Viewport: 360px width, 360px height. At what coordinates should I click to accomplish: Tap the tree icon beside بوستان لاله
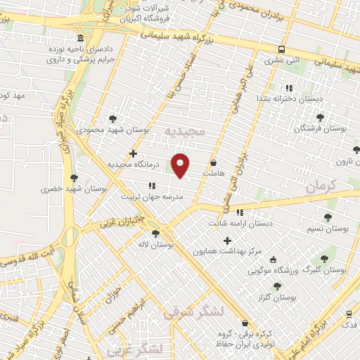pyautogui.click(x=155, y=233)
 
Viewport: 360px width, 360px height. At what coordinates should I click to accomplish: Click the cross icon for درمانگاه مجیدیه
pyautogui.click(x=133, y=153)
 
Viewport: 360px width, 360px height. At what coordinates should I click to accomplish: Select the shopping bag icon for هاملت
pyautogui.click(x=213, y=162)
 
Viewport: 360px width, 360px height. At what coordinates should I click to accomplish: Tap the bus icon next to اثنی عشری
pyautogui.click(x=281, y=49)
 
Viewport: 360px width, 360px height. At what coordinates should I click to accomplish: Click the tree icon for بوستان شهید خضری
pyautogui.click(x=74, y=178)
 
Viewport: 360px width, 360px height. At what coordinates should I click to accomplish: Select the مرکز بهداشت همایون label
pyautogui.click(x=224, y=251)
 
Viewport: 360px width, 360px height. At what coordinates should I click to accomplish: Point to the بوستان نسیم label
pyautogui.click(x=328, y=229)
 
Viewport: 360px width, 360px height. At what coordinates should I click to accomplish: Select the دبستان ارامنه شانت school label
pyautogui.click(x=243, y=223)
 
